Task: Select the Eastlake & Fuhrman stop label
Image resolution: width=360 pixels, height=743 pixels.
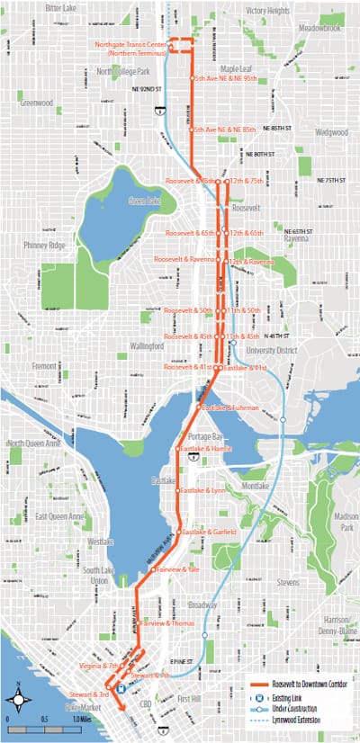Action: point(230,383)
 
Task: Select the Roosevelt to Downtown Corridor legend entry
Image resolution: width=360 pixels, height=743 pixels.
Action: point(308,682)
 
